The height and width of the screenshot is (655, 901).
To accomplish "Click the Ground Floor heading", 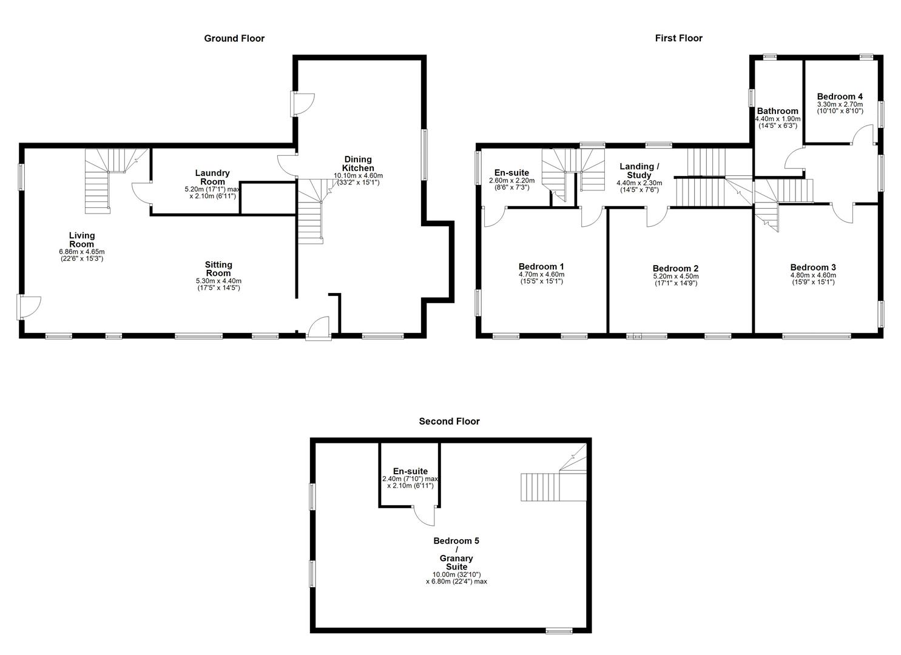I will pos(234,38).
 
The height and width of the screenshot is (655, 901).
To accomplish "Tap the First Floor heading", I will pos(678,38).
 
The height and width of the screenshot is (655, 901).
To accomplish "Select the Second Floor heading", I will pos(449,422).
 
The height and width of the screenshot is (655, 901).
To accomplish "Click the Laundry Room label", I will pos(212,177).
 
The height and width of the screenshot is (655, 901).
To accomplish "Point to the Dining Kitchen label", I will pos(358,164).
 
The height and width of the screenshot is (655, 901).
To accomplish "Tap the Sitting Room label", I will pos(218,269).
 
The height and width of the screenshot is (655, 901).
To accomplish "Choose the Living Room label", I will pos(82,240).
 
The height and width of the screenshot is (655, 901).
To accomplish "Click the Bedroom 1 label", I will pos(541,266).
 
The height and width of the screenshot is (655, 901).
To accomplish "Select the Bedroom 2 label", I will pos(675,269).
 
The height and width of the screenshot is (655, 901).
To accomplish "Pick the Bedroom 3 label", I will pos(813,267).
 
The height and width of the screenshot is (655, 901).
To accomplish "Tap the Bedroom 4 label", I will pos(840,96).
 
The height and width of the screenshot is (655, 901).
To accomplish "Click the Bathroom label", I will pos(777,111).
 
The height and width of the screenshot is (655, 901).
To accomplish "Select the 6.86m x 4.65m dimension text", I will pos(82,252).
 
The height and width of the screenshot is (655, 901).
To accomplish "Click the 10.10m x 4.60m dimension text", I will pos(358,175).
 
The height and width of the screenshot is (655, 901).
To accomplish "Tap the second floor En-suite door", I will pos(425,516).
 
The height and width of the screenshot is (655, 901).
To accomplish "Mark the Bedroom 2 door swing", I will pos(656,217).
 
